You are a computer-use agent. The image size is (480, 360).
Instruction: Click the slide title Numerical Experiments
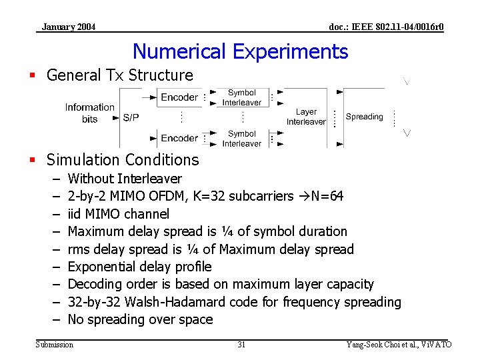(x=240, y=51)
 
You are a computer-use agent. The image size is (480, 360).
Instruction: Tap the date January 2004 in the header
(x=68, y=27)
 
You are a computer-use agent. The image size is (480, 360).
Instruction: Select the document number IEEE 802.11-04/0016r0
(x=387, y=27)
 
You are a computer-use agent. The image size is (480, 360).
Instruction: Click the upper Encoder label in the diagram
(x=179, y=97)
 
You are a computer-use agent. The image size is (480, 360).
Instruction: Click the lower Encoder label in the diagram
(x=179, y=138)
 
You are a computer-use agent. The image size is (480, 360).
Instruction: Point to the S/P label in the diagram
(x=131, y=117)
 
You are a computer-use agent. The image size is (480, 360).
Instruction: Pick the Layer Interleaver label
(x=306, y=117)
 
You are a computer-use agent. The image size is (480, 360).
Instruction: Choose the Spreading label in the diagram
(x=364, y=117)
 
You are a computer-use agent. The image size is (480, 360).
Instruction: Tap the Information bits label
(x=90, y=113)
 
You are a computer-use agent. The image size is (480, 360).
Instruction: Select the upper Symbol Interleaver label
(x=242, y=97)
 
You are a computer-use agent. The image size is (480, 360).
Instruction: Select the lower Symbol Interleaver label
(x=242, y=139)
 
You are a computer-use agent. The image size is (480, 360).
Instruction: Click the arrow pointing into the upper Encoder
(x=151, y=97)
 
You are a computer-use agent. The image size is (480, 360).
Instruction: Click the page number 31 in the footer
(x=241, y=344)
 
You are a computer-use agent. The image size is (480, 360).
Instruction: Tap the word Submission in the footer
(x=55, y=344)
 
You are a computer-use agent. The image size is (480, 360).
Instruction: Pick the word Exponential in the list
(x=102, y=267)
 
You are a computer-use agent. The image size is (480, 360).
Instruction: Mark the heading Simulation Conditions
(x=123, y=160)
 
